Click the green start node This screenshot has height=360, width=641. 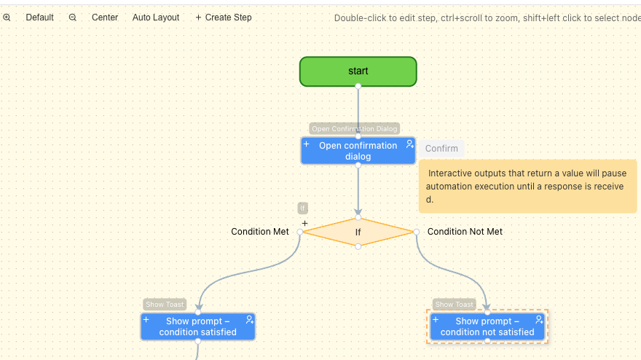pos(358,71)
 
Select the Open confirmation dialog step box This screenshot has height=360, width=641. pos(358,151)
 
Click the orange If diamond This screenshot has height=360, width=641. pos(358,232)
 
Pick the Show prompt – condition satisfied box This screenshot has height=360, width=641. pos(197,326)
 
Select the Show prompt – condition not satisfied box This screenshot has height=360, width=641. pos(487,326)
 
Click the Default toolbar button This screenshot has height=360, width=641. pos(39,17)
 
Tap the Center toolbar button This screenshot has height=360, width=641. pos(105,17)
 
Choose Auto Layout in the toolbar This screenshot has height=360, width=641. pos(156,17)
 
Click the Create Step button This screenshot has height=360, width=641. pos(224,17)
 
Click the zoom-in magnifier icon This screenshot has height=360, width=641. pos(7,17)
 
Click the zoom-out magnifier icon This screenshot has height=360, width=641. pos(73,17)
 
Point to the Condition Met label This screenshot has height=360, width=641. pos(260,232)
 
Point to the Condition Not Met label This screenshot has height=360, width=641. pos(465,232)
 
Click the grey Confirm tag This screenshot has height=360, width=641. pos(441,149)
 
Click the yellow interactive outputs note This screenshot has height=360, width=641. pos(527,187)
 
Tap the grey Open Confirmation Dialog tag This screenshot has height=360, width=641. pos(355,129)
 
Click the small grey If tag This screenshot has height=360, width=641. pos(303,208)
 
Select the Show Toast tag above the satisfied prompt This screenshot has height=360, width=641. pos(165,305)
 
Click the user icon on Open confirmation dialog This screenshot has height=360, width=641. pos(409,144)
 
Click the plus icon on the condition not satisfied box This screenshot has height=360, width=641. pos(436,320)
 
